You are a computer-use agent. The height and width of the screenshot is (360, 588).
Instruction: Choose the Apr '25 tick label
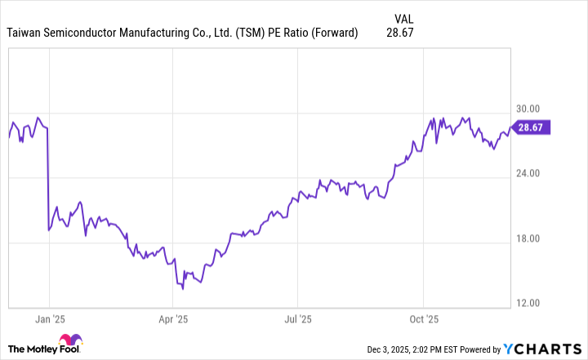pyautogui.click(x=173, y=319)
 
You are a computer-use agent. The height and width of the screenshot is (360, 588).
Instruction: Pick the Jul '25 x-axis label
pyautogui.click(x=298, y=319)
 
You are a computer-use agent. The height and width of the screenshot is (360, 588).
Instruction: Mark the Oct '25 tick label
pyautogui.click(x=424, y=319)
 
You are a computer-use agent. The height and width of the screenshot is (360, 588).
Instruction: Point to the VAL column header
pyautogui.click(x=403, y=17)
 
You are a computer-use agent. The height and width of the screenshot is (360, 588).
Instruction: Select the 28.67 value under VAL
pyautogui.click(x=399, y=33)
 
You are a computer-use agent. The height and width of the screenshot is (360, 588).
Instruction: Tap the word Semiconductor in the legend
pyautogui.click(x=90, y=33)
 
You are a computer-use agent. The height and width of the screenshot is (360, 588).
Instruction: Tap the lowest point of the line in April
pyautogui.click(x=183, y=288)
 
